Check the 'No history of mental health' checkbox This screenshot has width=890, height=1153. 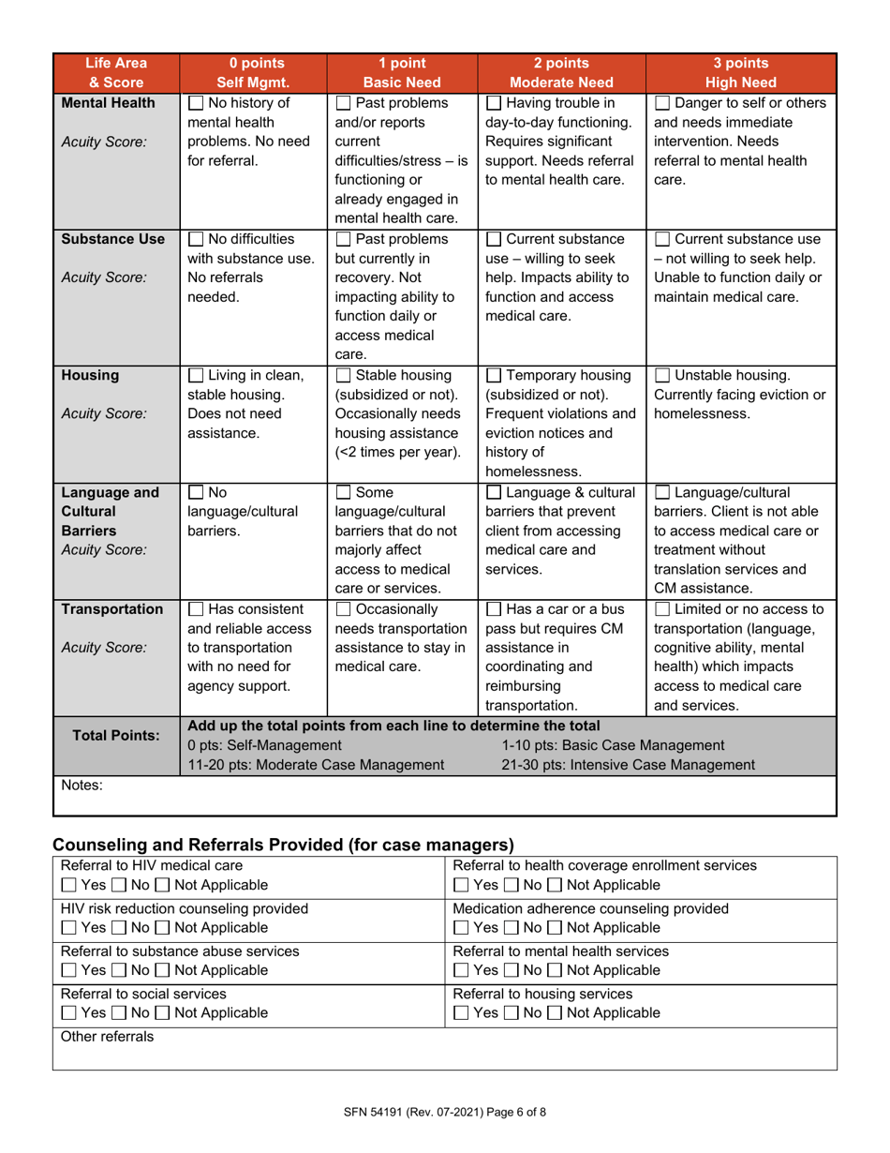pyautogui.click(x=197, y=103)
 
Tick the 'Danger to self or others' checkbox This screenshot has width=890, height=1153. pyautogui.click(x=661, y=103)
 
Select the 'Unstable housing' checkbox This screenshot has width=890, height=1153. pyautogui.click(x=661, y=376)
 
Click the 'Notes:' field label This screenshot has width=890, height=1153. pyautogui.click(x=82, y=786)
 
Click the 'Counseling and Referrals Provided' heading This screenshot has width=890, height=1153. pyautogui.click(x=283, y=842)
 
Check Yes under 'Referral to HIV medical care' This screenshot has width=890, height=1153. pyautogui.click(x=67, y=885)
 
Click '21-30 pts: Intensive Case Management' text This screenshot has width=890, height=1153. pyautogui.click(x=628, y=765)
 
